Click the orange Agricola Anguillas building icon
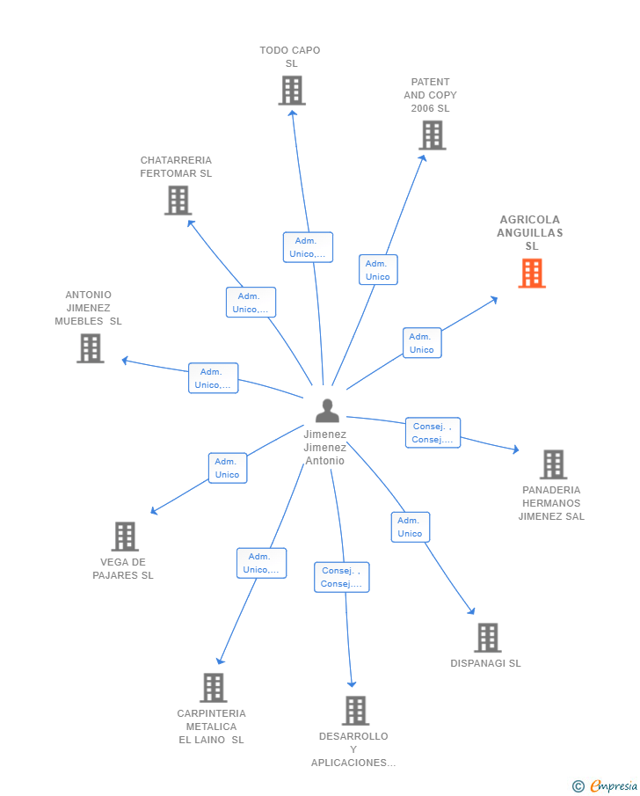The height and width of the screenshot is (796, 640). click(x=532, y=274)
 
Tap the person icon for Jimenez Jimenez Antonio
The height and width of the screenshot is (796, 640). click(x=327, y=411)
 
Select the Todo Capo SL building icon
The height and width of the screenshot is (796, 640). click(x=292, y=91)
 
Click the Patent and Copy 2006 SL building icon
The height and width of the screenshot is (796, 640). click(x=432, y=135)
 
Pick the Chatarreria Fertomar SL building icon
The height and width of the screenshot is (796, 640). click(x=178, y=201)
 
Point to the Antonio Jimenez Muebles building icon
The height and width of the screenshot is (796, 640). click(x=90, y=348)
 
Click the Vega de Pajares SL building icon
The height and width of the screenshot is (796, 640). click(x=125, y=537)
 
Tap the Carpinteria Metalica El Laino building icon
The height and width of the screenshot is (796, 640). click(x=213, y=688)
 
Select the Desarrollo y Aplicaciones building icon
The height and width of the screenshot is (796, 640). click(x=355, y=711)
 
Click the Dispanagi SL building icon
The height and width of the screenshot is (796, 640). click(x=487, y=638)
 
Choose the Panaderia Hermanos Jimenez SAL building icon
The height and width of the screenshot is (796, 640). click(x=552, y=464)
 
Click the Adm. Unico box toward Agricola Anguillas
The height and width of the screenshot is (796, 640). click(x=422, y=343)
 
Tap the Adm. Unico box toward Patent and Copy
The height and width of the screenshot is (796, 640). click(x=378, y=270)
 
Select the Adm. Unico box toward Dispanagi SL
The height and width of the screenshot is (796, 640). click(x=410, y=527)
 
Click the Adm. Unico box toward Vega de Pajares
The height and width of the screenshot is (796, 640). click(x=228, y=468)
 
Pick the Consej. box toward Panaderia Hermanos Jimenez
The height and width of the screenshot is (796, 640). click(x=433, y=433)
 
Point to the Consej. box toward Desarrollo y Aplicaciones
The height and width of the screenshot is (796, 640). click(x=342, y=577)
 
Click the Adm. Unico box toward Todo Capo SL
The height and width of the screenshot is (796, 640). click(x=308, y=247)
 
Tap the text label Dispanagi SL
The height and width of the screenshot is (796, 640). click(x=485, y=663)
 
